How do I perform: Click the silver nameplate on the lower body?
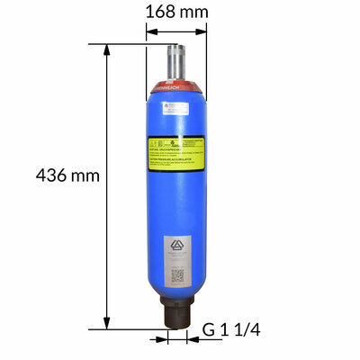(176, 260)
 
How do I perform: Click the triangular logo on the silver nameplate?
(176, 247)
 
